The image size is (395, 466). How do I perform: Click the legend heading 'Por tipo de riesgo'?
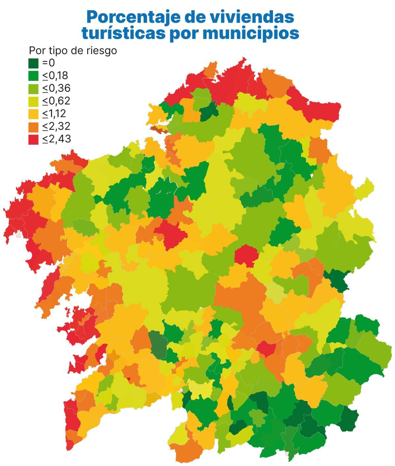click(73, 51)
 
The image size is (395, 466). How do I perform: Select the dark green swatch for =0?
click(34, 63)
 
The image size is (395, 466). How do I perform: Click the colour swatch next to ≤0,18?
click(34, 76)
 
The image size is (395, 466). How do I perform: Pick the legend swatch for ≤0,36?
click(34, 89)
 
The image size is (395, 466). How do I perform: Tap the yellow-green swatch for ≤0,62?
click(34, 101)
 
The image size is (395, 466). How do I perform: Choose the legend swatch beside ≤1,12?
click(34, 114)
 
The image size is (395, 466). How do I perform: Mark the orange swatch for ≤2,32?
click(34, 126)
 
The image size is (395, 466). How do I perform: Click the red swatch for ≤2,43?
click(34, 139)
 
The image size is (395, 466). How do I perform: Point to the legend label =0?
click(49, 63)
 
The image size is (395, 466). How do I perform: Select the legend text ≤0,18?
click(55, 76)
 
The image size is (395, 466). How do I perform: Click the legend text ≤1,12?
click(54, 114)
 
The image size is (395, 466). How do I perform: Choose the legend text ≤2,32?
click(56, 126)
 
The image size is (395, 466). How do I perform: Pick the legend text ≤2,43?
click(56, 139)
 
